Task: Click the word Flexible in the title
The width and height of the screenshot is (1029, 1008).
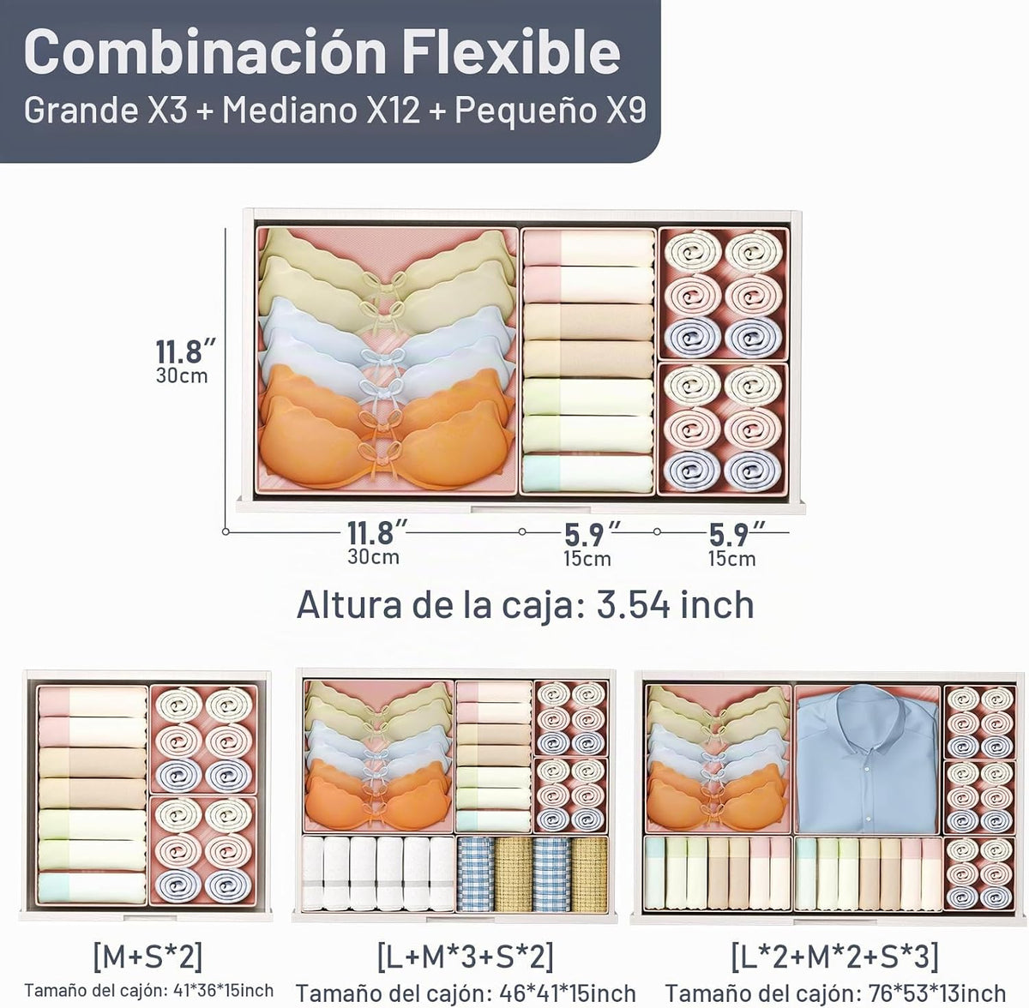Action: (x=511, y=51)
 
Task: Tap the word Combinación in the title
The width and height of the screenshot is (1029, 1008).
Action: (x=205, y=51)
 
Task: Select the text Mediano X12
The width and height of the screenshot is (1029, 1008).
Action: (x=322, y=110)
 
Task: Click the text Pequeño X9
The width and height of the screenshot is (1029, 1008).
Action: (x=551, y=111)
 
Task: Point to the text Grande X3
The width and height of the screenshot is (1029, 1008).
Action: (x=105, y=110)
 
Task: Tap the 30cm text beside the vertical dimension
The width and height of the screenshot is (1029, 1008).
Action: (x=182, y=376)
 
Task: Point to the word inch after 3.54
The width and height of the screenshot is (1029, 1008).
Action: (x=714, y=605)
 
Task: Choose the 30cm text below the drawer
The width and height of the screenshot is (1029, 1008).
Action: (x=373, y=557)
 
